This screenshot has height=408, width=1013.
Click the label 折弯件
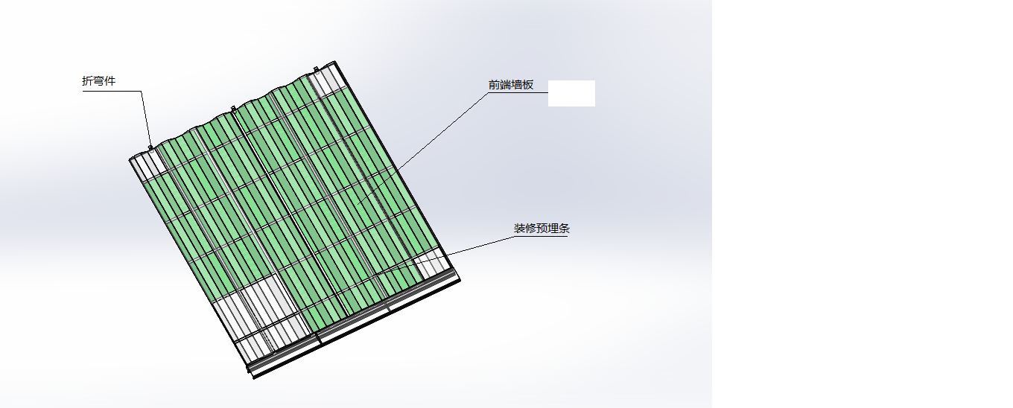[98, 81]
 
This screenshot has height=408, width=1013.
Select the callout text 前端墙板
[511, 85]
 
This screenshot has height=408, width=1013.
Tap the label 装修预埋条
[542, 229]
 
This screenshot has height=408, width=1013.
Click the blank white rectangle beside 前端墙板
[571, 93]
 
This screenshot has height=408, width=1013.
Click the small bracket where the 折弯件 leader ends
[150, 147]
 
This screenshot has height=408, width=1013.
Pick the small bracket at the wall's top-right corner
[316, 70]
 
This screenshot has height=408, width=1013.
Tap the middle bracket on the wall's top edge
[233, 109]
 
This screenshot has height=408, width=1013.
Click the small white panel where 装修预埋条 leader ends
[432, 262]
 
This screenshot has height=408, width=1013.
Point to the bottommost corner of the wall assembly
[254, 377]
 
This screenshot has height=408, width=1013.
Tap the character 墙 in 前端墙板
[517, 85]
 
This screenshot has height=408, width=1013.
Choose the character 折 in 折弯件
[87, 81]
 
